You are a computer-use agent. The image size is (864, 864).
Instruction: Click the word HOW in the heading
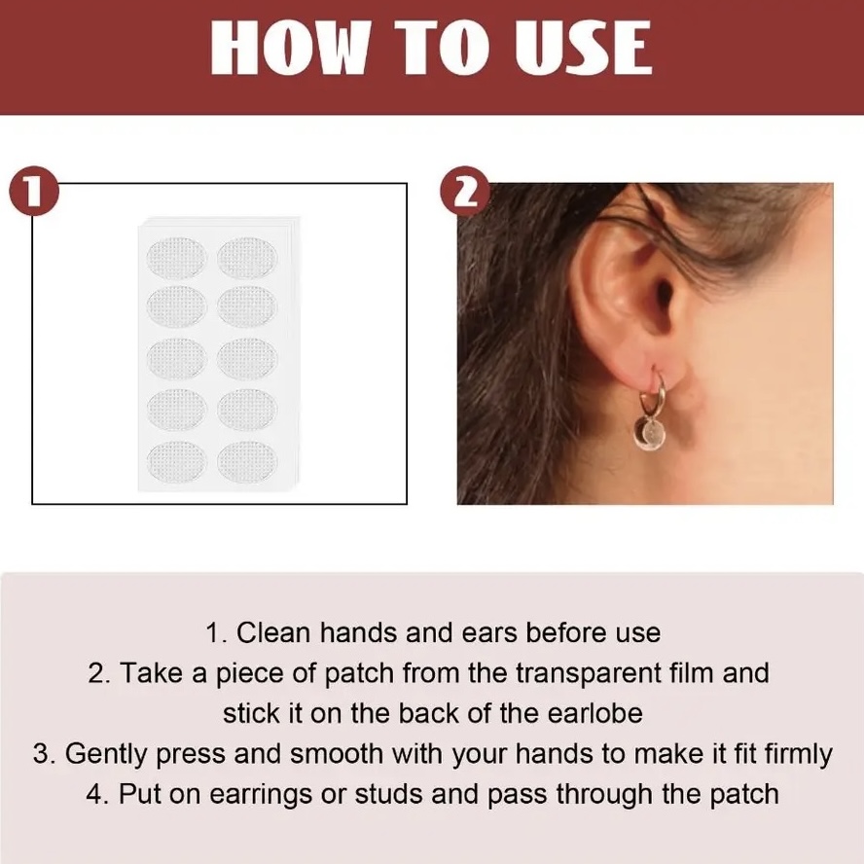pos(289,48)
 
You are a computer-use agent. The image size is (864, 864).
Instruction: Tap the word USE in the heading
pos(583,48)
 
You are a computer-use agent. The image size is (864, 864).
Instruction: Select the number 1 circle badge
pos(34,192)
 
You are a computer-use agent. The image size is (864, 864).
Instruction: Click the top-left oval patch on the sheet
pos(176,258)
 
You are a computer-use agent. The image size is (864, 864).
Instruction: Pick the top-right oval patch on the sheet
pos(247,258)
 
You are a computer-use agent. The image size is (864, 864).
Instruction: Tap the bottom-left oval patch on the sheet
pos(176,461)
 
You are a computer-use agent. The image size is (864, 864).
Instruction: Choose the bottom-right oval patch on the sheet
pos(247,461)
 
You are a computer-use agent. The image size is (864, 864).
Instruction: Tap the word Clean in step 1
pos(273,632)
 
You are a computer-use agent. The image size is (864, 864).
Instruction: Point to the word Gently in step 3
pos(106,754)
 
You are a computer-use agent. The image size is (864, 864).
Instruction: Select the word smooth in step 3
pos(336,753)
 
